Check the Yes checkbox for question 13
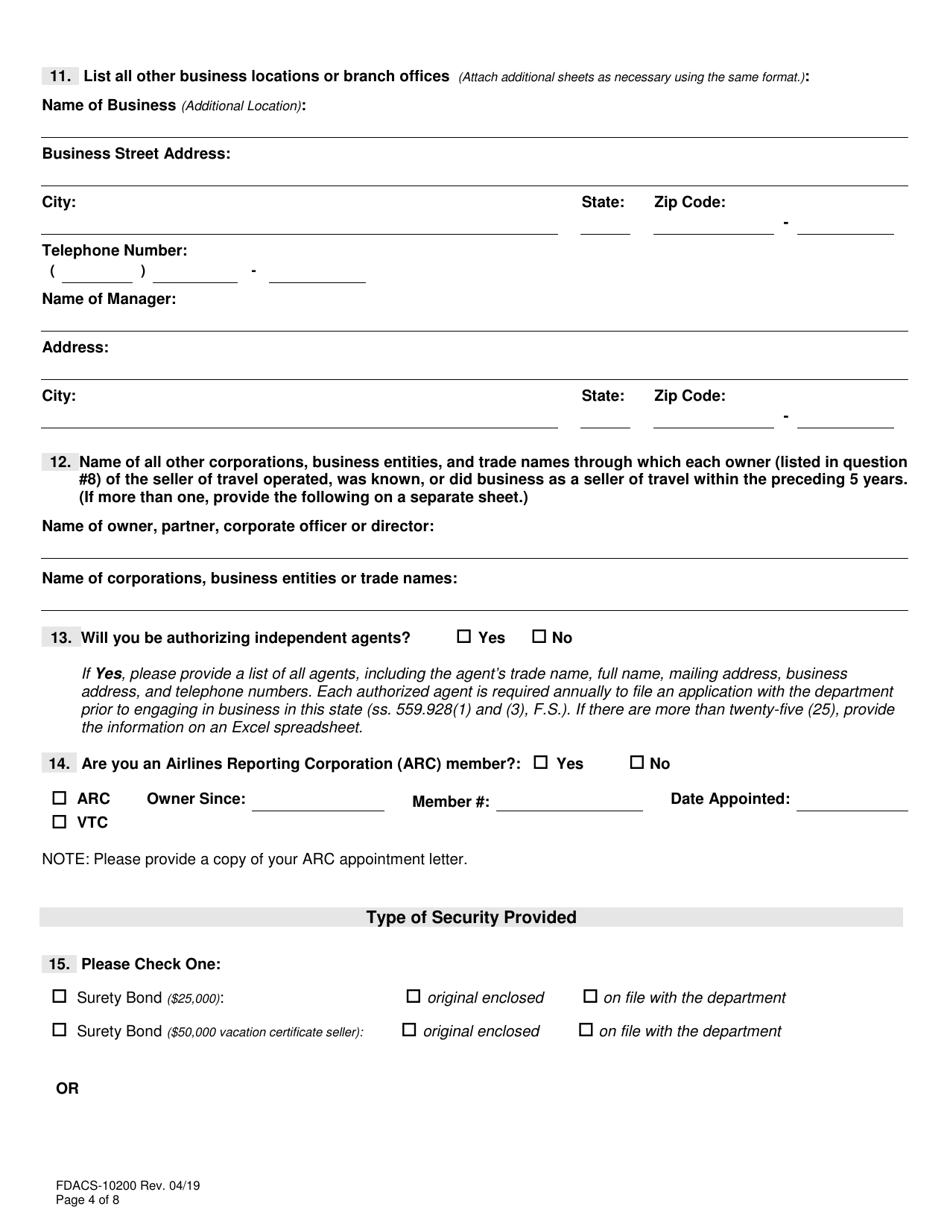tap(464, 637)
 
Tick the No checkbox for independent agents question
tap(539, 637)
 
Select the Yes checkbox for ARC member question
tap(541, 763)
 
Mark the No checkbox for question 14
tap(637, 763)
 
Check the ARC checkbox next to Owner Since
tap(60, 798)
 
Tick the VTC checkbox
tap(60, 822)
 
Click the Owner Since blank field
tap(318, 801)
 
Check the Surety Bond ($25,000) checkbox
tap(60, 997)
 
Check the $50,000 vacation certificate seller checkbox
tap(60, 1030)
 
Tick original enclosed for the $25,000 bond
tap(414, 997)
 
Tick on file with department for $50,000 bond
tap(587, 1030)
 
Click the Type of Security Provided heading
tap(471, 917)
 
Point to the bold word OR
tap(67, 1089)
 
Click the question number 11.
tap(59, 76)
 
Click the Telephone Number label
tap(114, 250)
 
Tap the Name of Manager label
tap(109, 299)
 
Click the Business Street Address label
tap(136, 154)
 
